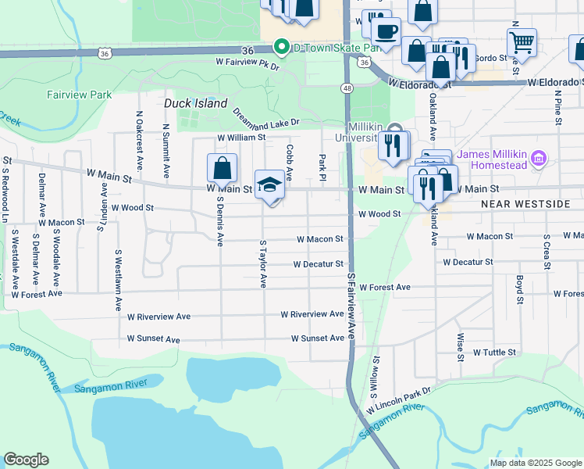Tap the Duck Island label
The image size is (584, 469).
point(195,103)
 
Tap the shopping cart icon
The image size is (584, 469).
point(522,41)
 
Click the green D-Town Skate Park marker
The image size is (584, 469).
point(281,47)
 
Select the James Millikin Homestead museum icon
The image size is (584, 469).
point(538,159)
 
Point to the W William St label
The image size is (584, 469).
point(241,137)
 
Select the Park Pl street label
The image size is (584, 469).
point(322,165)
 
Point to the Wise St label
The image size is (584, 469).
point(461,343)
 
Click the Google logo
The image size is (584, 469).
point(26,460)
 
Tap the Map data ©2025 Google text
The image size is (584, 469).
point(535,463)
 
